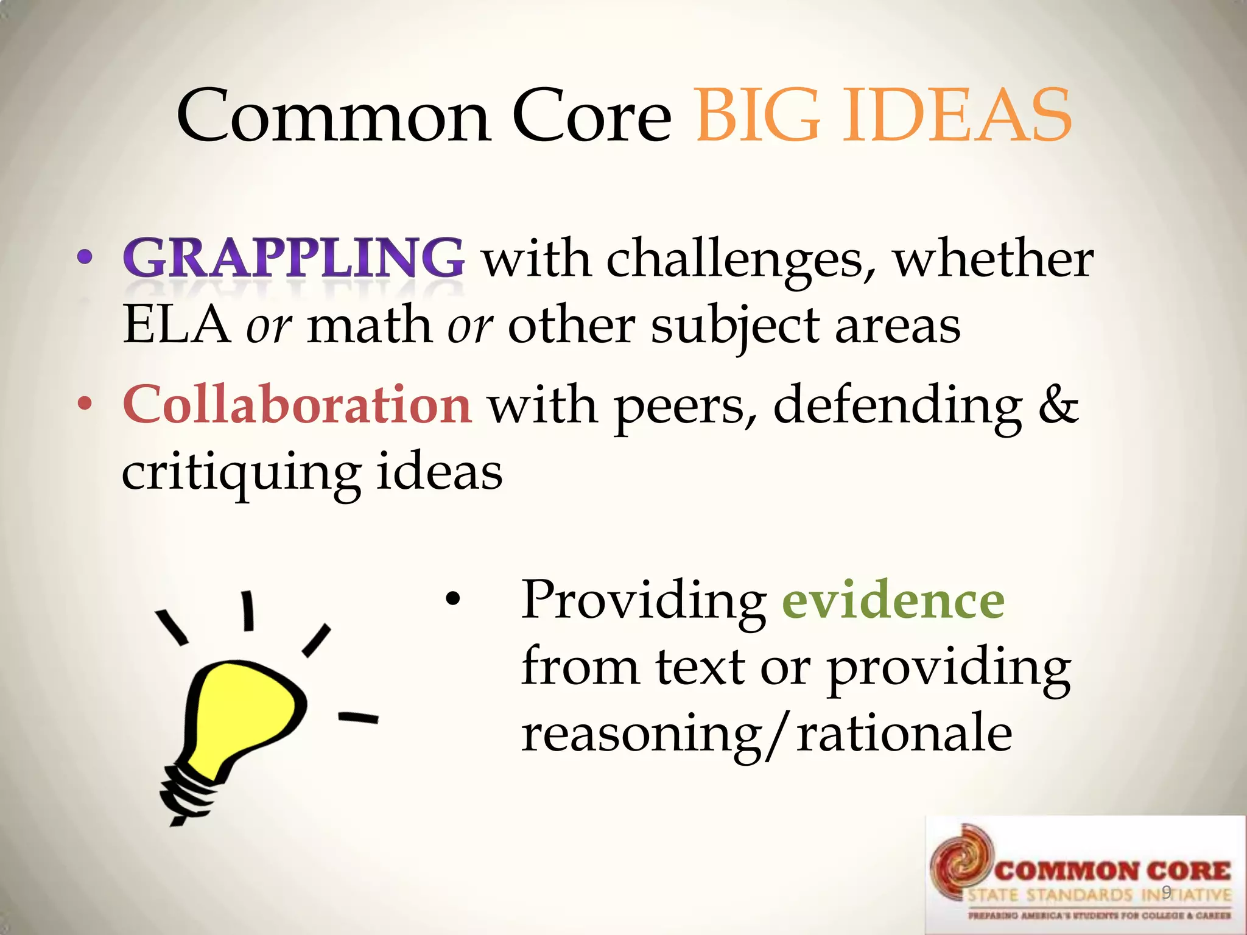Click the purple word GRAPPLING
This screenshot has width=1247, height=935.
pos(293,258)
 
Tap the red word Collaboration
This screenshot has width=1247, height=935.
pos(297,405)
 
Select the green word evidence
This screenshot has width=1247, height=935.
pos(893,600)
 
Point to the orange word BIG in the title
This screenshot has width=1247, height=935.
pos(757,116)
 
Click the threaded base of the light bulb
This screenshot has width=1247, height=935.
pos(183,794)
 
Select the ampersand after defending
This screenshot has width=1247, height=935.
pos(1058,405)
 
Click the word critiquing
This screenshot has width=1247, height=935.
pos(241,474)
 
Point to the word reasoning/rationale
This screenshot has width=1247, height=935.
pos(767,734)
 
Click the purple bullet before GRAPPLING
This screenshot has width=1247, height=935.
pos(85,258)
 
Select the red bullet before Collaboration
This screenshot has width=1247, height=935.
pos(85,405)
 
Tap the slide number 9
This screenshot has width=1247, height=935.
pos(1166,892)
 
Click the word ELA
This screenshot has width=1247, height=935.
pos(177,325)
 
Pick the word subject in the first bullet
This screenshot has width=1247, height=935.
pos(735,326)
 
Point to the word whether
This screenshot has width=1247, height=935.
pos(993,259)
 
